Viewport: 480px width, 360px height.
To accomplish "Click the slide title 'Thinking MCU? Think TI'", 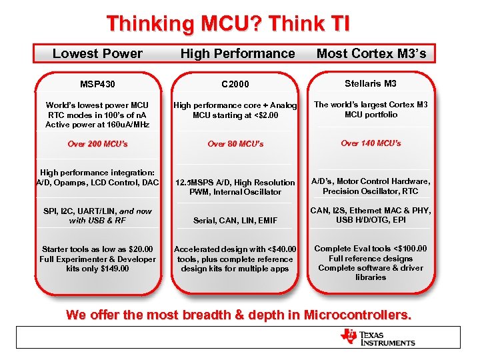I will point(227,24).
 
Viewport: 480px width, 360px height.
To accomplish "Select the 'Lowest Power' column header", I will point(97,53).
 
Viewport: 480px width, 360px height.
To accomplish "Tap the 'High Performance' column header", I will point(237,53).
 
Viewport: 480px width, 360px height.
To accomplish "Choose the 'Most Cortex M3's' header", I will point(371,53).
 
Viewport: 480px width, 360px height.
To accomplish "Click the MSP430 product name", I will point(97,84).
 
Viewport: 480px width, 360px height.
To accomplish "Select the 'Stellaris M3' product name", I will point(371,83).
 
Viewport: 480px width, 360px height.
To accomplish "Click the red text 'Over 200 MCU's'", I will point(97,144).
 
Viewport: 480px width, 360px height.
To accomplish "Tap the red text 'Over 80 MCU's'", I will point(235,144).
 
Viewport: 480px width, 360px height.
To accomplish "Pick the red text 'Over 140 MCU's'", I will point(371,143).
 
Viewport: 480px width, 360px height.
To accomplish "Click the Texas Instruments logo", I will point(377,337).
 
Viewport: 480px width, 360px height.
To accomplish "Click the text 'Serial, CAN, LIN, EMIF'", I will point(235,221).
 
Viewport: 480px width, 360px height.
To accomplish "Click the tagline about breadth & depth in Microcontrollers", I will point(239,315).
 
